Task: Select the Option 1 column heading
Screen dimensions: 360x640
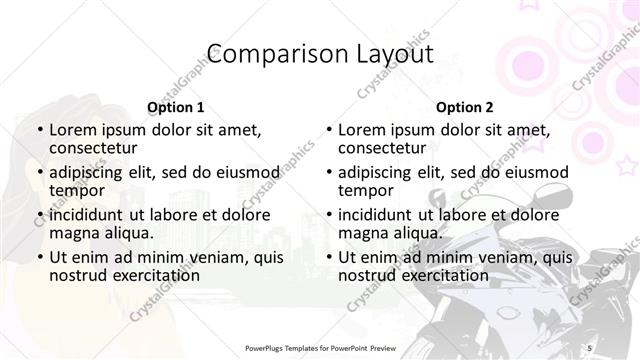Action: (175, 107)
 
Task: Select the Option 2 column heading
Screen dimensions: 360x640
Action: (465, 107)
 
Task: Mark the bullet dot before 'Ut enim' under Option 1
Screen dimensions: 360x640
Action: (38, 257)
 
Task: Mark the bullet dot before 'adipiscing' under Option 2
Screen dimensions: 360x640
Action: (328, 172)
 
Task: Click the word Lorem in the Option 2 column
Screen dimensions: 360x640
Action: (361, 130)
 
